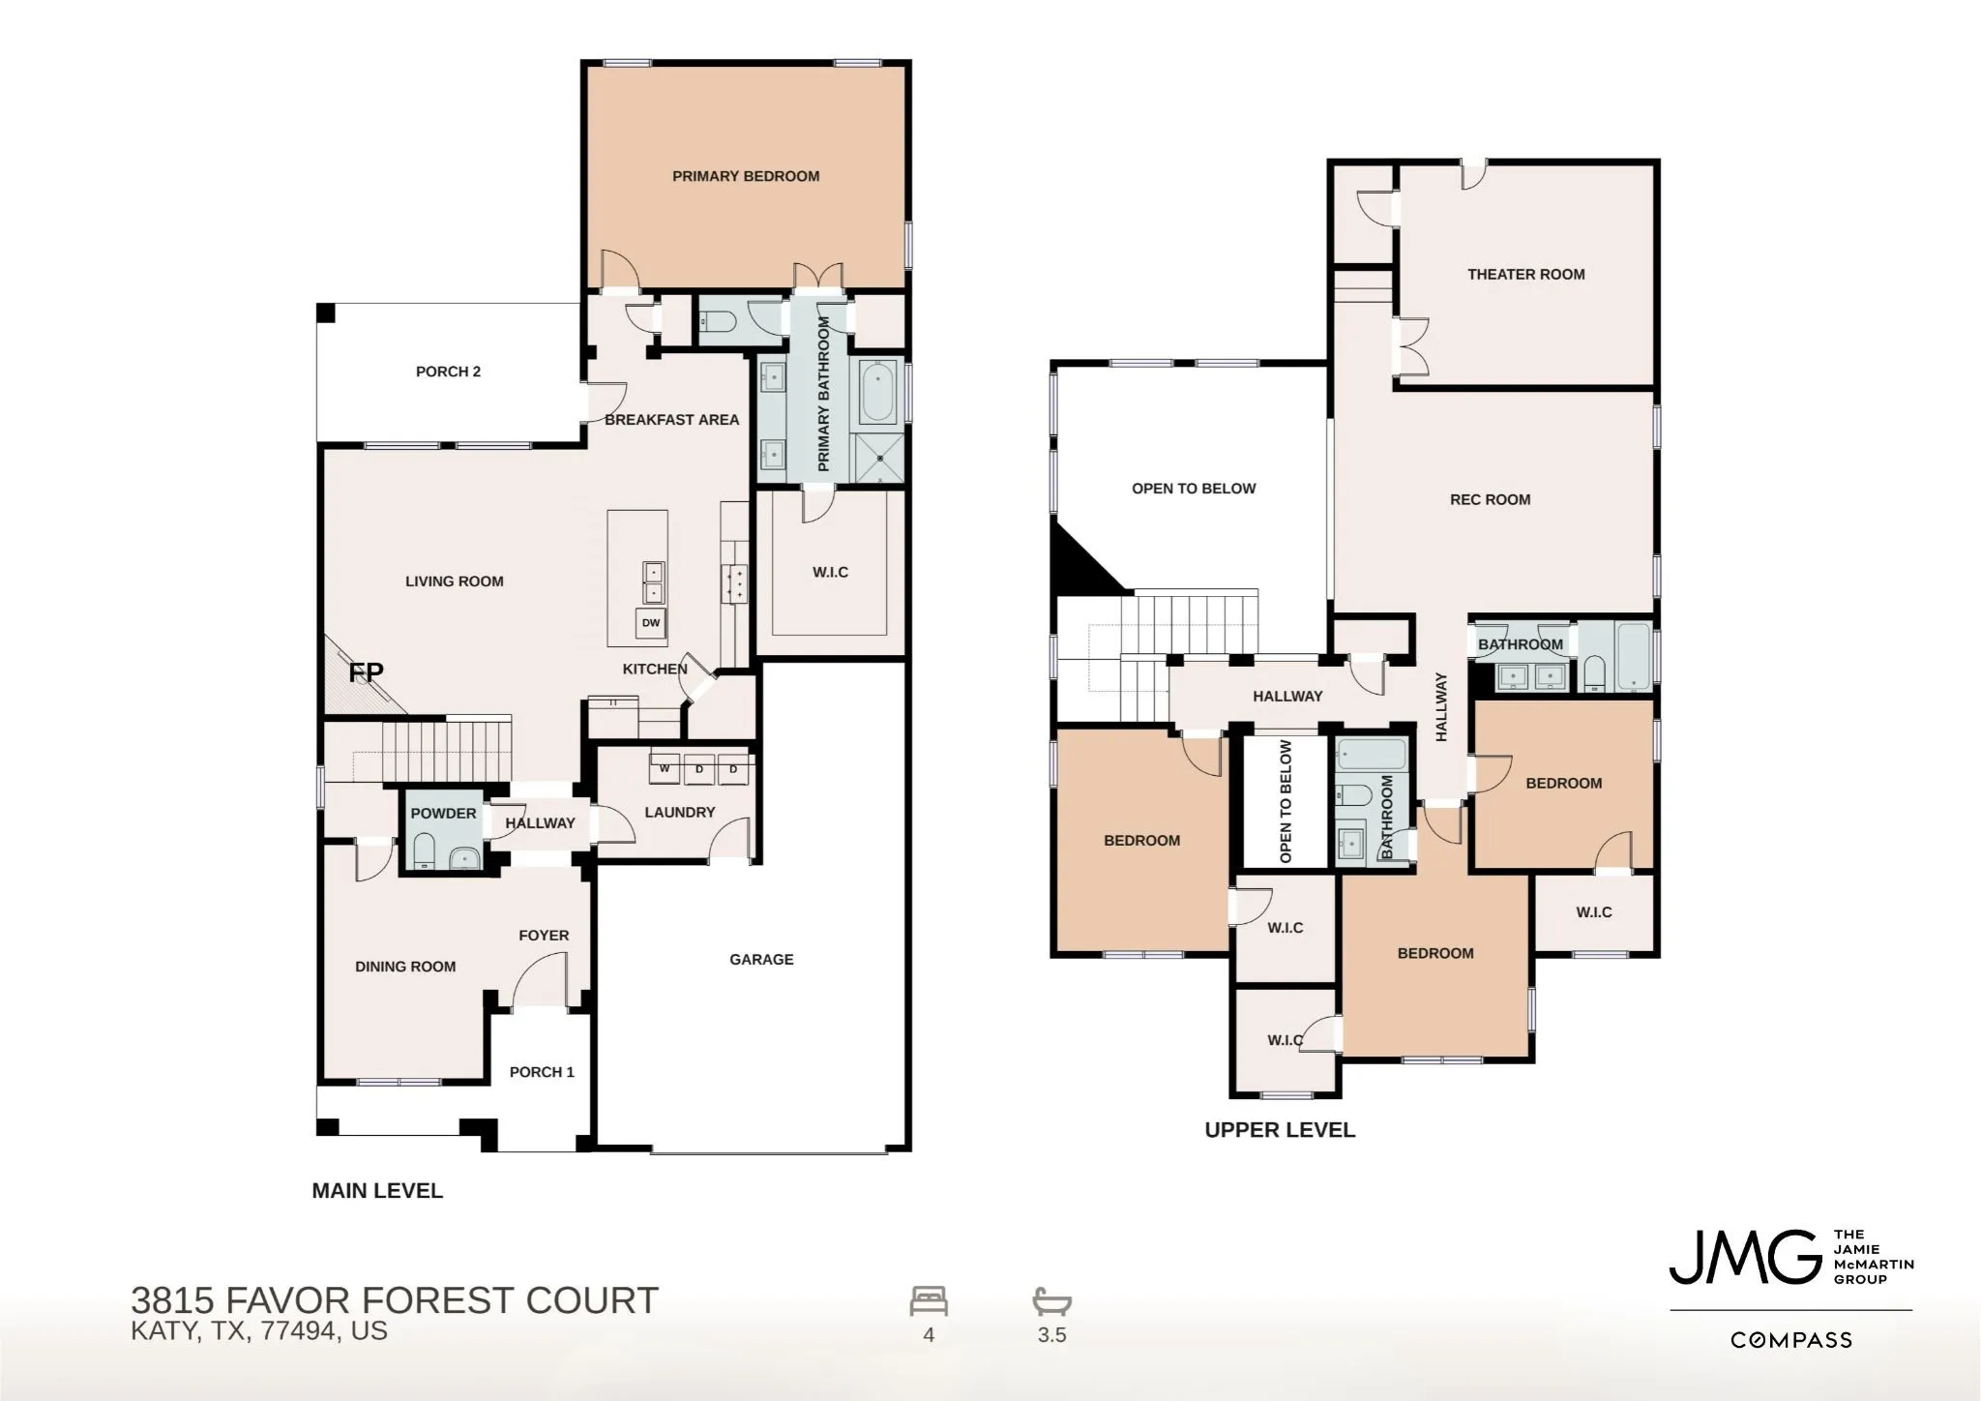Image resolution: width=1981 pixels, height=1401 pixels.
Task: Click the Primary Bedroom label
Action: [x=746, y=176]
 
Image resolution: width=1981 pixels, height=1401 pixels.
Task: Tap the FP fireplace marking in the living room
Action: [x=366, y=671]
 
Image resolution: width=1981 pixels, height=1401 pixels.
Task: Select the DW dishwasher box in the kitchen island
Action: [x=651, y=623]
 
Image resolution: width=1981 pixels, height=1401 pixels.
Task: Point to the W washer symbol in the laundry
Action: [x=665, y=769]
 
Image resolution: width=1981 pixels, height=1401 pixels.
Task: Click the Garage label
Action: [x=761, y=959]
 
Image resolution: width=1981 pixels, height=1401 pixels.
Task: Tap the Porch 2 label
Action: [x=448, y=372]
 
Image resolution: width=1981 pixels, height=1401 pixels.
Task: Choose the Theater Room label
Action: [x=1525, y=274]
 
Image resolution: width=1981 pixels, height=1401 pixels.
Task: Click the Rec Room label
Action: [x=1490, y=499]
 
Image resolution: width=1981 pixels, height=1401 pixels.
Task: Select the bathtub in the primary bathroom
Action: [x=877, y=392]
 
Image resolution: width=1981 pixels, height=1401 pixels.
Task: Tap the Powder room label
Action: [x=443, y=813]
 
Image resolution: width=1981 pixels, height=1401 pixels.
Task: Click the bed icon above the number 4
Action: [x=929, y=1301]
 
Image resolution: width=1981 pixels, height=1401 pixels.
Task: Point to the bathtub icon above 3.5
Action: [x=1052, y=1301]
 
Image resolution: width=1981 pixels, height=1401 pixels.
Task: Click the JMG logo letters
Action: [x=1745, y=1257]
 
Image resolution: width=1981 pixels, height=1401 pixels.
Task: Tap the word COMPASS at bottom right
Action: [x=1791, y=1340]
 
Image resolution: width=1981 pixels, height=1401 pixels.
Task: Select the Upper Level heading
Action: [x=1280, y=1129]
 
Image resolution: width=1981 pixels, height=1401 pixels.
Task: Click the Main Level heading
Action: [x=377, y=1191]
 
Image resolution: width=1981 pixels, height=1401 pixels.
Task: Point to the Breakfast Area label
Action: [x=671, y=419]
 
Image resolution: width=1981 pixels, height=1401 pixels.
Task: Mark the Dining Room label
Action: [x=405, y=966]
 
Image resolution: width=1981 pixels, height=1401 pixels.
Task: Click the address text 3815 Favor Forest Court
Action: [x=395, y=1300]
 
